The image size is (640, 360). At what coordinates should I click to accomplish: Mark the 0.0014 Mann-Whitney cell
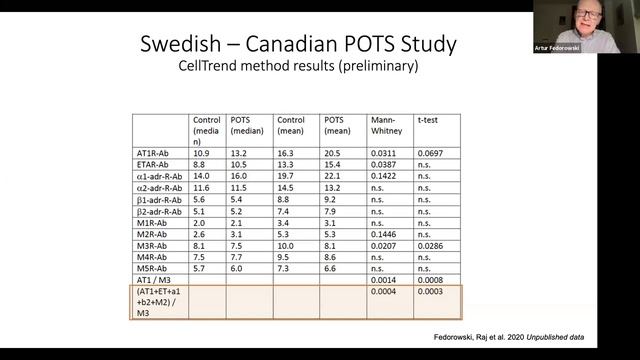[382, 282]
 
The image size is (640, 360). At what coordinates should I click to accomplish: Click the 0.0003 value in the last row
[430, 295]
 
